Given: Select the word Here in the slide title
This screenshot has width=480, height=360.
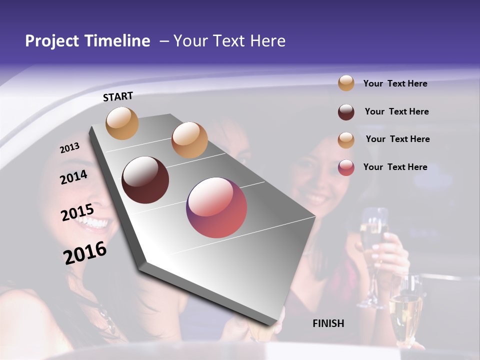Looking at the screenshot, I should pos(267,41).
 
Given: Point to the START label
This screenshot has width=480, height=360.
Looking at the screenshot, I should pos(118,96).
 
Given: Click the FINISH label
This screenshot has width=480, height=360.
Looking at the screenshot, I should pos(328,323).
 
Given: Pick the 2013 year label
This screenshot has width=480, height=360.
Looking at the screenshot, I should pos(69,148).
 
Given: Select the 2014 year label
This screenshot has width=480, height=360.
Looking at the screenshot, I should pos(74,177).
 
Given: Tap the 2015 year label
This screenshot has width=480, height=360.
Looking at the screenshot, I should pos(77,212).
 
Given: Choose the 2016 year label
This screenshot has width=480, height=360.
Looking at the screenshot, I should pos(85,253).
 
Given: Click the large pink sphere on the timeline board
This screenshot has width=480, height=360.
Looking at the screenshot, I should pos(216,207).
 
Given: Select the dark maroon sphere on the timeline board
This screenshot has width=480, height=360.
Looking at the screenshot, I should pos(145,180).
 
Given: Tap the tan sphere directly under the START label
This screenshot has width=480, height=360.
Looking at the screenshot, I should pos(122,123).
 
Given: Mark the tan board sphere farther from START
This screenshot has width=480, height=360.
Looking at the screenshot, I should pos(189,140).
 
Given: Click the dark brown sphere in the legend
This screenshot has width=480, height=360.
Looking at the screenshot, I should pos(346,112).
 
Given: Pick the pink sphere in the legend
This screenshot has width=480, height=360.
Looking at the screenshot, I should pos(346,167).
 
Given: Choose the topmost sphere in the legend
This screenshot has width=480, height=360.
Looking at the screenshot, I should pos(346,83).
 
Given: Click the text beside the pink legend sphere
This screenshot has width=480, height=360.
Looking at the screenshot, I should pos(395,167).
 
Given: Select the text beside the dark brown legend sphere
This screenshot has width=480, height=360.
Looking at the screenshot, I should pos(396,111).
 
